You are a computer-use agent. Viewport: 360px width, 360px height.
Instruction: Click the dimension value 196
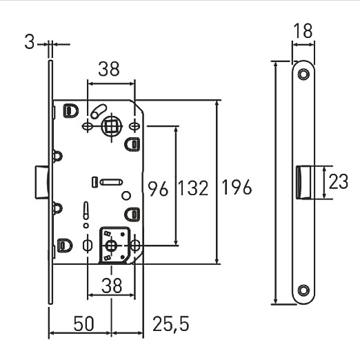click(237, 187)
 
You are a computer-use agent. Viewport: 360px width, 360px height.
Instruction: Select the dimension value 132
click(193, 188)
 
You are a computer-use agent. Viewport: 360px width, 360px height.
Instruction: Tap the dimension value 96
click(158, 188)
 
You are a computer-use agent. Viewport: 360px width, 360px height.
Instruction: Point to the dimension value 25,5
click(171, 324)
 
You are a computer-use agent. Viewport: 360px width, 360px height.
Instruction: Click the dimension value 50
click(84, 323)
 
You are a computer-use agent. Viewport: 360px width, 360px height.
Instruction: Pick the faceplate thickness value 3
click(30, 42)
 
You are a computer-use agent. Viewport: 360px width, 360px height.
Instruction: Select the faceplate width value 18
click(303, 30)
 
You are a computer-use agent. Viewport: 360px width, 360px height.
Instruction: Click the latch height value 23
click(339, 182)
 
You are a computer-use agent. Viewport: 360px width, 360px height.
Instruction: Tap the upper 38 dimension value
click(109, 68)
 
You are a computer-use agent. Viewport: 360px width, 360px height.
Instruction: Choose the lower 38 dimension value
click(112, 285)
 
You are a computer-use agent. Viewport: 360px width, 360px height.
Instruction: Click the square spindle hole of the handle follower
click(112, 126)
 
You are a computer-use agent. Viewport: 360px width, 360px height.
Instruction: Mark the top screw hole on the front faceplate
click(303, 74)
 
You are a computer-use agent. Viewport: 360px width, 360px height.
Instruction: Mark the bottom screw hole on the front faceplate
click(303, 290)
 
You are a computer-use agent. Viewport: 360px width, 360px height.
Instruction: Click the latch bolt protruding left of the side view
click(42, 182)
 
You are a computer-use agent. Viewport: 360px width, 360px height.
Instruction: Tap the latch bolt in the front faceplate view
click(303, 182)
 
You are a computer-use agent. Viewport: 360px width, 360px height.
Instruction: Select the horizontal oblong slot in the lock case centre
click(111, 182)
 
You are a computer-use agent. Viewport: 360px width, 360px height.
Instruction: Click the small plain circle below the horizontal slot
click(126, 196)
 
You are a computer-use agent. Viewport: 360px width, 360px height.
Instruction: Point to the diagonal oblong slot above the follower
click(99, 111)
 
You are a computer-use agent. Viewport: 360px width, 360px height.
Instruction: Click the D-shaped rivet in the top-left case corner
click(71, 110)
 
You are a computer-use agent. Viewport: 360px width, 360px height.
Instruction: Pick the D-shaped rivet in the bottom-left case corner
click(65, 246)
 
